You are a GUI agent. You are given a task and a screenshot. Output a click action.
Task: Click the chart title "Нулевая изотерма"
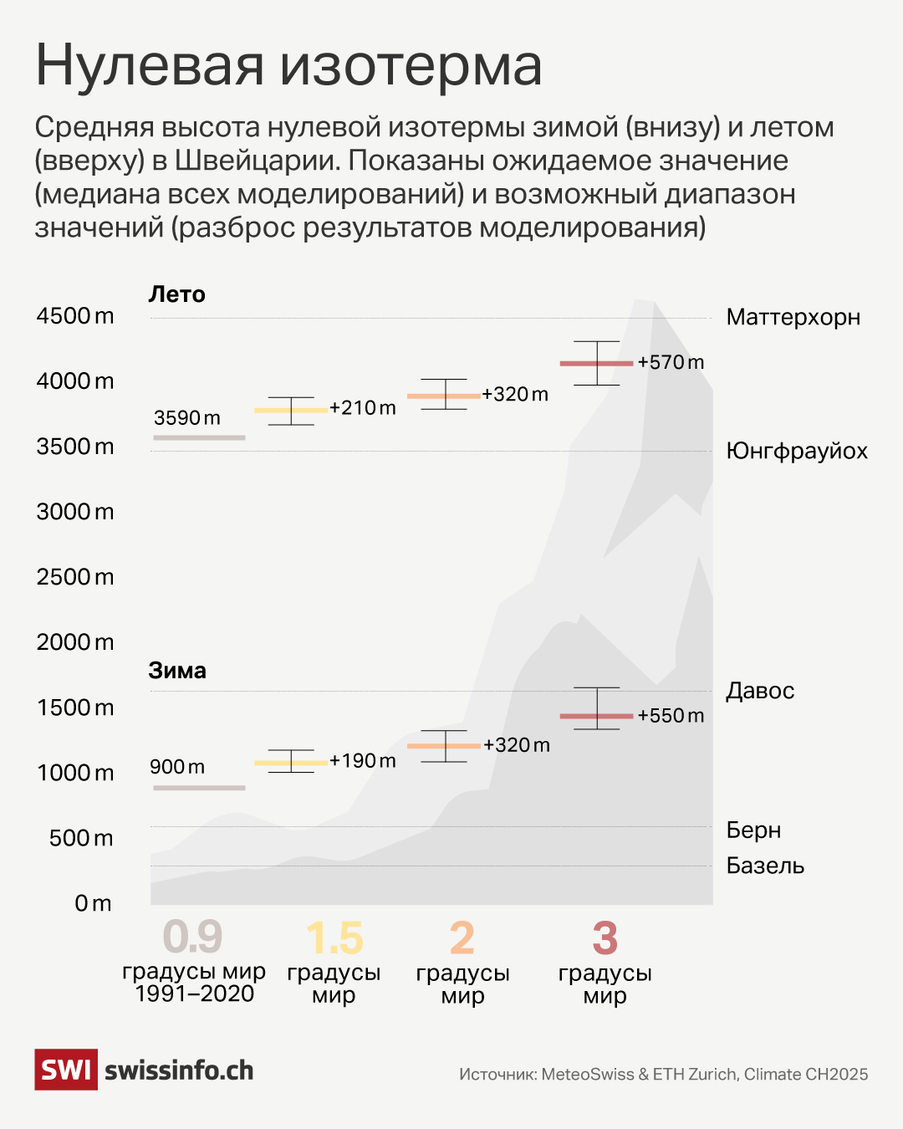(288, 65)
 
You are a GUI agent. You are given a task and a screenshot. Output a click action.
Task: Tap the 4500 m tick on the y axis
(75, 316)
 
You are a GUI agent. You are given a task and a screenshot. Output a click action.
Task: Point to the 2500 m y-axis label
(75, 577)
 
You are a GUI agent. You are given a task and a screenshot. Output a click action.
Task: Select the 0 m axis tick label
(93, 903)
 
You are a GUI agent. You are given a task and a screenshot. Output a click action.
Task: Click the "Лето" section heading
(176, 294)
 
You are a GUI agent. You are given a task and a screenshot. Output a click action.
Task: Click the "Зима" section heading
(177, 671)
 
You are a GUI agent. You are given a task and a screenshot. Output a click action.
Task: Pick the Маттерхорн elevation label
(793, 318)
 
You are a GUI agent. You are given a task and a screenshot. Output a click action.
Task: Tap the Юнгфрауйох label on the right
(796, 452)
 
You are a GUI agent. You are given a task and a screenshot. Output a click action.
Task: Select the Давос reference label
(760, 691)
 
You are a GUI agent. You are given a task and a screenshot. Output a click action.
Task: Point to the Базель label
(765, 866)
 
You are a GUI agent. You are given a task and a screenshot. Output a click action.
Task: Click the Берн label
(753, 830)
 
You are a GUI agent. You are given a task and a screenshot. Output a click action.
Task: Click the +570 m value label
(671, 362)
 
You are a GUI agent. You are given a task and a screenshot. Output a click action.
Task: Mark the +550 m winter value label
(671, 716)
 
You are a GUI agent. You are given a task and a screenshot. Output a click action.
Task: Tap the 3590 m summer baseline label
(187, 418)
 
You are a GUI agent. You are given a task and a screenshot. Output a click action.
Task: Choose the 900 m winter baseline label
(177, 767)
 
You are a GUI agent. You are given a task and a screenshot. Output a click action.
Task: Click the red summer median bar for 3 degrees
(596, 363)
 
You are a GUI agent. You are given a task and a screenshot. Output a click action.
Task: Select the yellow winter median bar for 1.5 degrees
(291, 763)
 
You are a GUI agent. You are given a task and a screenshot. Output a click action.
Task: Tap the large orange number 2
(462, 938)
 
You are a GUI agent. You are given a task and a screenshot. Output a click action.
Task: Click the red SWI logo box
(66, 1070)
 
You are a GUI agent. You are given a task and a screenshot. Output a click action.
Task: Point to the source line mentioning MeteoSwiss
(663, 1075)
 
